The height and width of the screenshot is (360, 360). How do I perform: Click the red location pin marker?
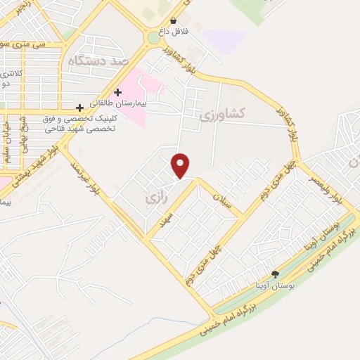click(181, 165)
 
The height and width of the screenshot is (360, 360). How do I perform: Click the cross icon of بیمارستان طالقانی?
click(117, 92)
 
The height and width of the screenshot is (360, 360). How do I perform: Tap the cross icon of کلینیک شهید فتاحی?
click(81, 108)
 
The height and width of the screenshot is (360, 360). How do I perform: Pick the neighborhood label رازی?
click(153, 200)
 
